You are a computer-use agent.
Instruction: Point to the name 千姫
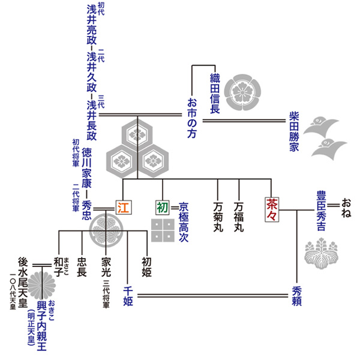coord(128,296)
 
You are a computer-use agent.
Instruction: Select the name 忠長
coord(82,266)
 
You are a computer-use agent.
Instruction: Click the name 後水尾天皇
coord(23,281)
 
